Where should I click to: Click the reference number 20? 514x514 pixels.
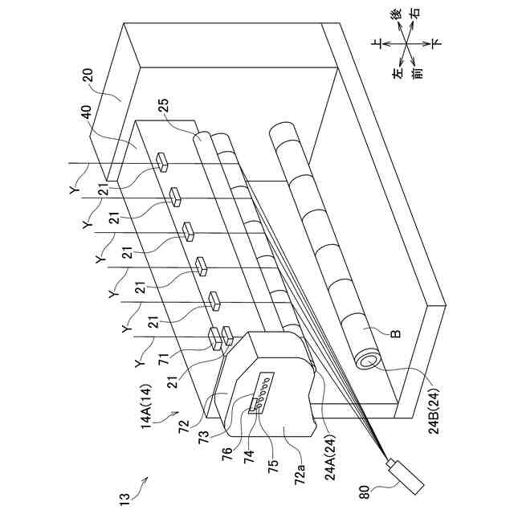pyautogui.click(x=88, y=79)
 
